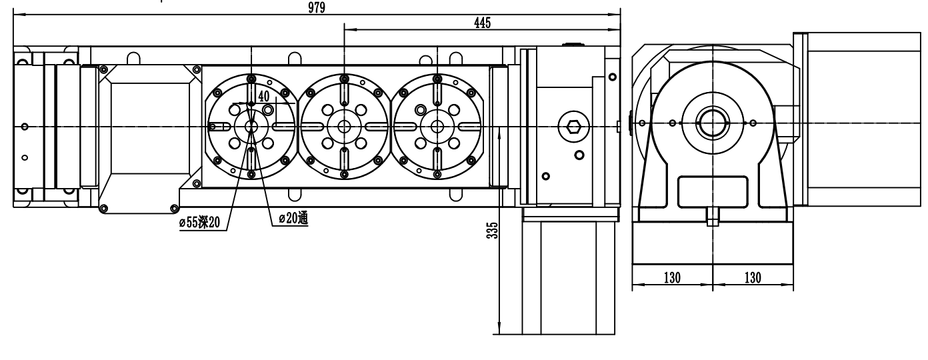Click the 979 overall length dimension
coord(317,7)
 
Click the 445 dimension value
coord(482,23)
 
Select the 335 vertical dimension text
coord(492,231)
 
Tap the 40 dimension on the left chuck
coord(264,97)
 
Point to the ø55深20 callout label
coord(200,223)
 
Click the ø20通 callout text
coord(293,218)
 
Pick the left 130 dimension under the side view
coord(672,277)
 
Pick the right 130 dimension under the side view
coord(753,277)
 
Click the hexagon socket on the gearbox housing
coord(573,127)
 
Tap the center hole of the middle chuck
coord(344,127)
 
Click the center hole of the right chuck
coord(437,127)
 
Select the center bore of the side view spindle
coord(713,123)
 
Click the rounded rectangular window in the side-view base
coord(713,192)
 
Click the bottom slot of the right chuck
coord(437,160)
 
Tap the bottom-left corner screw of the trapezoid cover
coord(104,208)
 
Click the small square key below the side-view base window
coord(713,217)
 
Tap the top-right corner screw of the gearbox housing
coord(612,77)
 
